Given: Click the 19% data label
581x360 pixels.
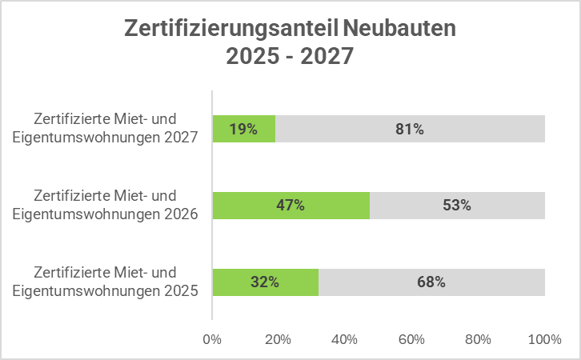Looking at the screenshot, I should [x=243, y=129].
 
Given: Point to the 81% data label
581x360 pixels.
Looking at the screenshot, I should [x=409, y=129].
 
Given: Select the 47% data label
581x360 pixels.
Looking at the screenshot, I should [x=290, y=205].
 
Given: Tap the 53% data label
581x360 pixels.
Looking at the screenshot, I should [x=457, y=205].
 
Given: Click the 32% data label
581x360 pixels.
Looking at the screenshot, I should [x=265, y=282].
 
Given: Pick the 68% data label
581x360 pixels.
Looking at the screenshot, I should [x=431, y=282].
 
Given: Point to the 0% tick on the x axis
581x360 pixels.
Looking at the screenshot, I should [x=212, y=339].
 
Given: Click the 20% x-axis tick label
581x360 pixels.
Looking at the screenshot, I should [x=278, y=339].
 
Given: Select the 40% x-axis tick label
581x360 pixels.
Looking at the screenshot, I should [x=345, y=339].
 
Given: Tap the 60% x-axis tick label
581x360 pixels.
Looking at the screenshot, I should [x=411, y=339].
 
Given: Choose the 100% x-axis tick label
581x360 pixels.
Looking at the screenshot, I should [x=544, y=339].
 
